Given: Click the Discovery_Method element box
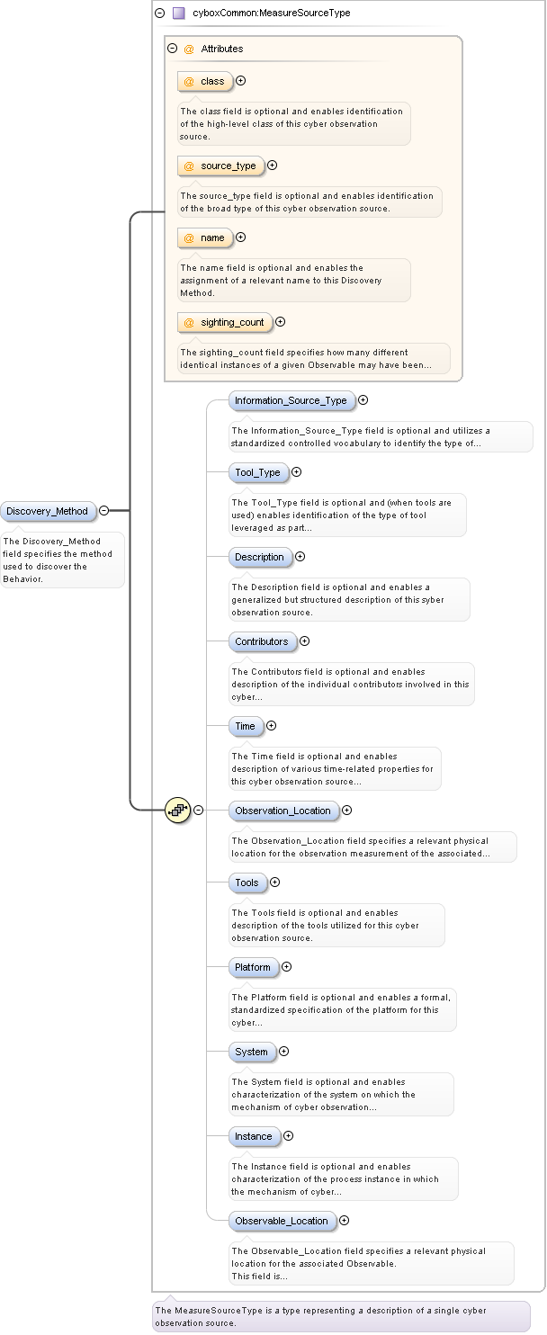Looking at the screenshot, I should click(x=48, y=511).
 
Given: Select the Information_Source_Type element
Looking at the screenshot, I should click(x=291, y=400).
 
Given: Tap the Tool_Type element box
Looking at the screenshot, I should click(x=258, y=472).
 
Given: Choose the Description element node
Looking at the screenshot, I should click(x=260, y=557).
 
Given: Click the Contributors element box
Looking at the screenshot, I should click(x=262, y=641).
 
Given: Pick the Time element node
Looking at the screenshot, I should click(x=245, y=726).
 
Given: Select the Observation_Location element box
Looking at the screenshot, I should click(x=283, y=811).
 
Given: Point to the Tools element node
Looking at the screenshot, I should click(x=247, y=883).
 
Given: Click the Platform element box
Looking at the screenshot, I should click(x=253, y=967).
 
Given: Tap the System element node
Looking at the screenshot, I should click(x=251, y=1052).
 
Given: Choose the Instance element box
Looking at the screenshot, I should click(x=253, y=1136).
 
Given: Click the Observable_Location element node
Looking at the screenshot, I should click(x=282, y=1221).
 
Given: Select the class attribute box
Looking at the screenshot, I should click(x=205, y=81).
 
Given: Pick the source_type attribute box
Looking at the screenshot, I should click(x=220, y=166).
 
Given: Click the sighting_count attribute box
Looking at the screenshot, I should click(x=225, y=322).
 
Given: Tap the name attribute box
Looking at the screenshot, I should click(x=205, y=237).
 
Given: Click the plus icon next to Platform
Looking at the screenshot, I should click(x=287, y=967).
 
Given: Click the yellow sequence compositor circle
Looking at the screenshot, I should click(x=178, y=810).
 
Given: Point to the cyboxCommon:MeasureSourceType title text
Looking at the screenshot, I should click(x=272, y=13).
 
